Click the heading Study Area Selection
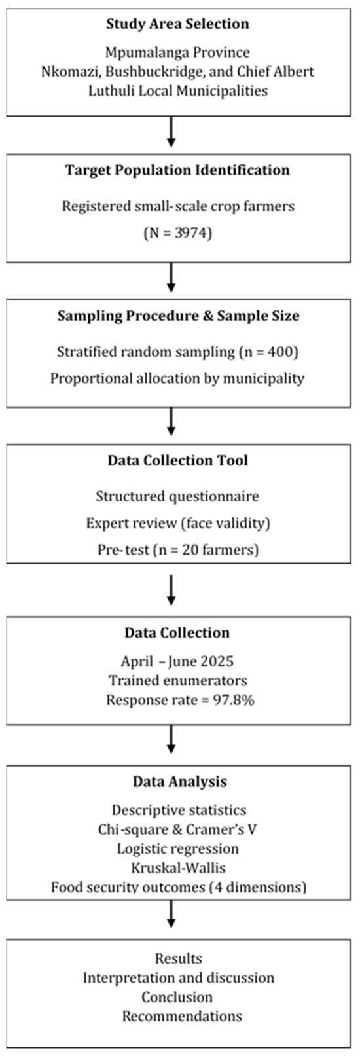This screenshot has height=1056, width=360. (x=177, y=24)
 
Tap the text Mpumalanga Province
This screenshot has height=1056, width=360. (x=177, y=52)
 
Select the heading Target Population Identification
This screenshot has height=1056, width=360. (x=177, y=170)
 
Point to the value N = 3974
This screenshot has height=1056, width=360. (x=177, y=233)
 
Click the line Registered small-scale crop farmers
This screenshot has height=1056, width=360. (x=178, y=206)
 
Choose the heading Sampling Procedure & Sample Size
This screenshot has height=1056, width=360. (x=178, y=316)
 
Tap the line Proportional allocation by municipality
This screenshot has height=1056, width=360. (x=177, y=378)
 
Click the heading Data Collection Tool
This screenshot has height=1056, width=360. (x=177, y=460)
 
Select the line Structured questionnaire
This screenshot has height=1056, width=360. (x=177, y=496)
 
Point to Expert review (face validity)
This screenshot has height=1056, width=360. (x=177, y=523)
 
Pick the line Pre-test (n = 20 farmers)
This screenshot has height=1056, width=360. (x=177, y=550)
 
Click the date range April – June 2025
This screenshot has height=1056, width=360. (x=177, y=661)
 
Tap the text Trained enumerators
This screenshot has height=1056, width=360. (x=178, y=681)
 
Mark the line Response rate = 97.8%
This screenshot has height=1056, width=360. (x=180, y=700)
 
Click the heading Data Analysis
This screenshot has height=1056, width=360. (x=179, y=782)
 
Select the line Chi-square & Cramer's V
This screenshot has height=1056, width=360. (x=177, y=829)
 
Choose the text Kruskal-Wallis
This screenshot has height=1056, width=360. (x=178, y=868)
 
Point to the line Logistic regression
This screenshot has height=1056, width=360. (x=177, y=849)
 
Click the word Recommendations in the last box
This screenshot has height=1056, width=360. (x=183, y=1016)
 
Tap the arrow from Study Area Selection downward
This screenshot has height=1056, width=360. (x=171, y=132)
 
